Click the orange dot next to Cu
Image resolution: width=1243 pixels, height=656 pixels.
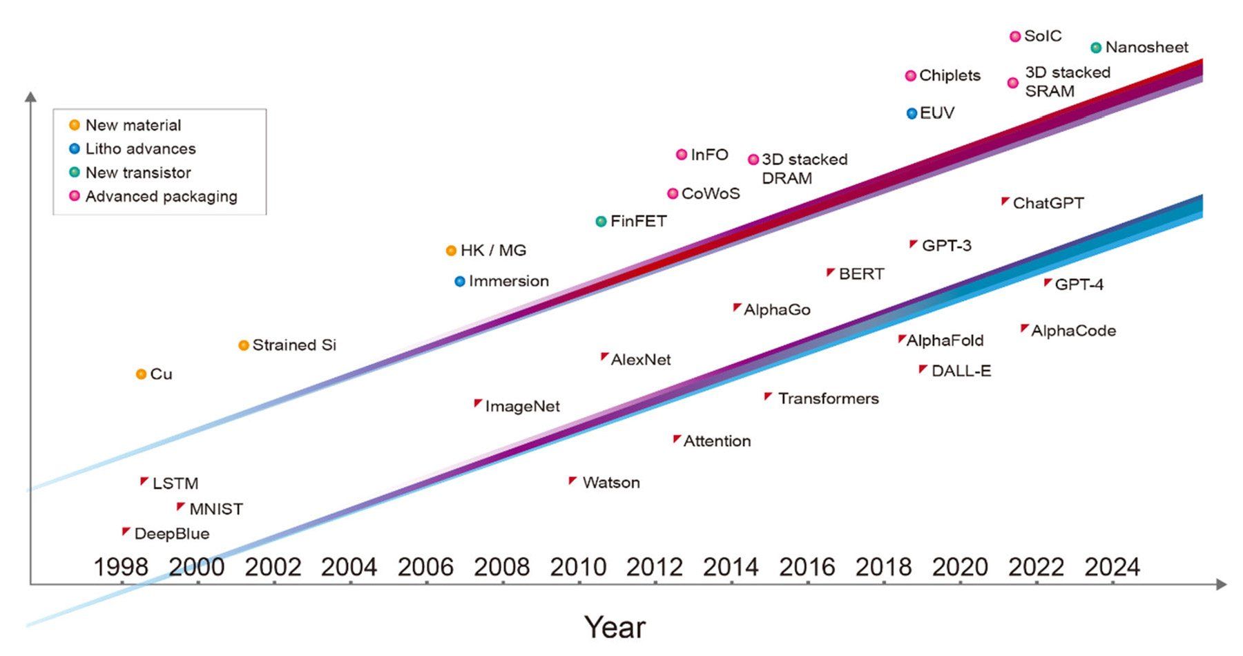[141, 374]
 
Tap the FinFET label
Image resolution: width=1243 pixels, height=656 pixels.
[638, 222]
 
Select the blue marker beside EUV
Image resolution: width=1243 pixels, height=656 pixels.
[912, 113]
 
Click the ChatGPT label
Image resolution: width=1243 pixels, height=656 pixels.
[1048, 203]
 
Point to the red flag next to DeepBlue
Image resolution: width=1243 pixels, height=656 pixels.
[126, 532]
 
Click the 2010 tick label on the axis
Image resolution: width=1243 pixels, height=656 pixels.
[577, 567]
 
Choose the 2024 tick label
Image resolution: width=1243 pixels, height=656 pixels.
[1112, 567]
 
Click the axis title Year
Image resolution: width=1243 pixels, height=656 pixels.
[615, 627]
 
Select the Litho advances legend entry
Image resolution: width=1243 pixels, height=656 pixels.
[140, 148]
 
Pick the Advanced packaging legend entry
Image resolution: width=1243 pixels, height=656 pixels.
[161, 196]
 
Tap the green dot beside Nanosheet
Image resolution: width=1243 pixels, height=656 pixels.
[1096, 48]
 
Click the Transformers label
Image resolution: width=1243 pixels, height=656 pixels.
[828, 398]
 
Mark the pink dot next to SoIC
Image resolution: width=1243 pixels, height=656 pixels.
[1014, 37]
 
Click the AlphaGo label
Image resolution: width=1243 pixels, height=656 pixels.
[777, 310]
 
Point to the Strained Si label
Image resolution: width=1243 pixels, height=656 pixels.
[294, 345]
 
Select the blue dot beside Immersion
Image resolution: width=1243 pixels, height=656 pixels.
[460, 282]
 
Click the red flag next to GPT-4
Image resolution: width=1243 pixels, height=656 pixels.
[1048, 282]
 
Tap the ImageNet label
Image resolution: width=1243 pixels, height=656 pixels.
[522, 406]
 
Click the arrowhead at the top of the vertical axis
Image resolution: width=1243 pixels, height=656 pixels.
[30, 97]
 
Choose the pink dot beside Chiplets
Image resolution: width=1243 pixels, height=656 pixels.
[910, 76]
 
